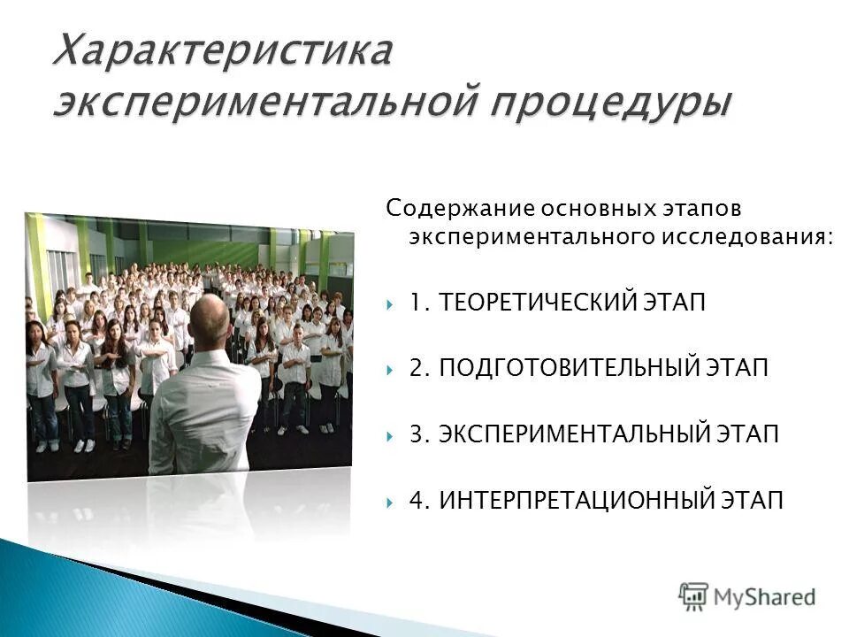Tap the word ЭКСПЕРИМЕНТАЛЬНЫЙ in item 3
(x=575, y=435)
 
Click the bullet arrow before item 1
(x=390, y=304)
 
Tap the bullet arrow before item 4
(x=390, y=502)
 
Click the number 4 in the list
(x=417, y=501)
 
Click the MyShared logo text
(x=764, y=596)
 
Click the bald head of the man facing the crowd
(x=210, y=320)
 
